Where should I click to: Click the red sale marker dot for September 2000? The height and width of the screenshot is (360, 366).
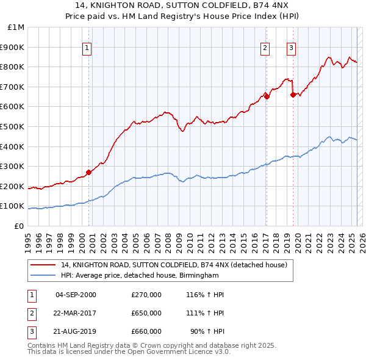[89, 172]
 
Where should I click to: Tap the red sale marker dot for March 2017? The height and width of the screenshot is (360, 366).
[267, 96]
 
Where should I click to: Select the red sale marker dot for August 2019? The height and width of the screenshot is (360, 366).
[293, 94]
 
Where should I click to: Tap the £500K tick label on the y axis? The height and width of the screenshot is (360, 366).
[13, 127]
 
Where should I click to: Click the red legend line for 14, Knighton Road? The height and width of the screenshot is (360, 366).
[43, 265]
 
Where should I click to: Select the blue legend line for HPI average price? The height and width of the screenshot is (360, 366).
[43, 276]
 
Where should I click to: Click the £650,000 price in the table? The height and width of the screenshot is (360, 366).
[146, 313]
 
